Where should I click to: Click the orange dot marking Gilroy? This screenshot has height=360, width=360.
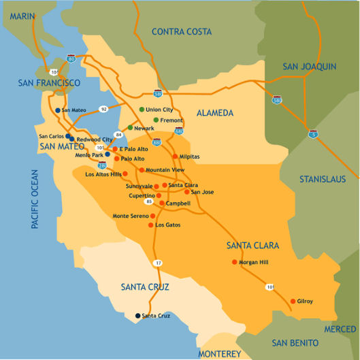pos(293,301)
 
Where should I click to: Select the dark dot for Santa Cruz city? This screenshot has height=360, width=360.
pos(137,316)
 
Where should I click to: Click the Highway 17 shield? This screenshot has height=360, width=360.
pos(159,263)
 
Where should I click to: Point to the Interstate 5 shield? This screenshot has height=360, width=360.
pos(312,133)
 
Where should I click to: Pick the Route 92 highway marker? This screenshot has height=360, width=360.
pos(103,109)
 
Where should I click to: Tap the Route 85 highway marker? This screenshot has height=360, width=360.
pos(148,201)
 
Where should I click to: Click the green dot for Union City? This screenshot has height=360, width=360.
pos(142,110)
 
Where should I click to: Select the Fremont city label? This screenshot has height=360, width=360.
pos(171,120)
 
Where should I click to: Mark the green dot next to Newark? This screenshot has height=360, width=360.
pos(130,127)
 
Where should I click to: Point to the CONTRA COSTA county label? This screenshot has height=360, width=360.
pos(181,31)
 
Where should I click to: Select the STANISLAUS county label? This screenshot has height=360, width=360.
pos(327,180)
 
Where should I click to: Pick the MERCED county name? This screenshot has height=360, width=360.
pos(340,329)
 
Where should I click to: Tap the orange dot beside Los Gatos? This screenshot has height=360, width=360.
pos(152,225)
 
